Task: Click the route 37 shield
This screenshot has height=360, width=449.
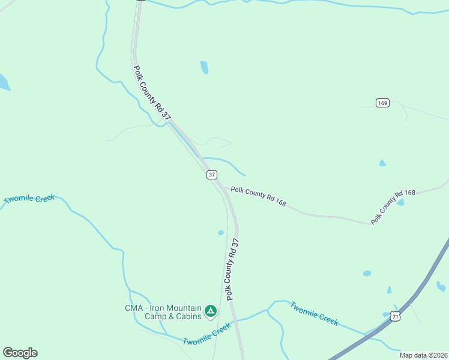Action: (211, 175)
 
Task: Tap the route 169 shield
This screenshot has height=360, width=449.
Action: (383, 103)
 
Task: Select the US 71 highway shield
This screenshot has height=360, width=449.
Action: (394, 316)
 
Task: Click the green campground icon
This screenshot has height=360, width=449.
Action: (210, 310)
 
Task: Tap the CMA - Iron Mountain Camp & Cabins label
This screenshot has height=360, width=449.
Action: (163, 312)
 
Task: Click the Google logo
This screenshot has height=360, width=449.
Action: (20, 353)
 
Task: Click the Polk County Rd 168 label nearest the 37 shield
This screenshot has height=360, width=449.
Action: (258, 196)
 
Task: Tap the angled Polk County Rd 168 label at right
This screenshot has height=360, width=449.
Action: (393, 207)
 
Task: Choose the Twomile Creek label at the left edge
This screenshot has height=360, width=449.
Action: (29, 199)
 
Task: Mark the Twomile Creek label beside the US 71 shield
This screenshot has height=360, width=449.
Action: (314, 313)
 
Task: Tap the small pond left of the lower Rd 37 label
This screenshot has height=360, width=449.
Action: (221, 233)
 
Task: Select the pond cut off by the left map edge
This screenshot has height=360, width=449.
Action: (4, 83)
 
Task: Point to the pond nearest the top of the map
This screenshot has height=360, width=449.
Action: (204, 67)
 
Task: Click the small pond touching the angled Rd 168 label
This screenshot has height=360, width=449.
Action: (400, 203)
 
